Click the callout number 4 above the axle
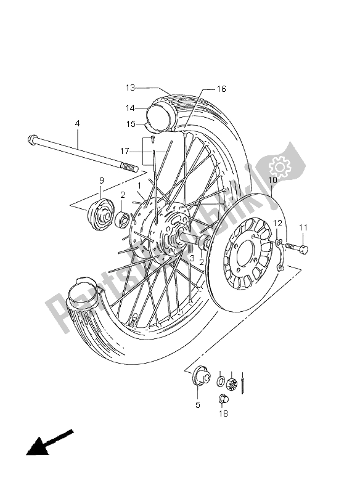(x=77, y=124)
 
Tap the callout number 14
(x=130, y=108)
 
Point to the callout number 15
(x=130, y=124)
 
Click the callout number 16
(x=221, y=89)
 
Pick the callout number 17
(x=125, y=150)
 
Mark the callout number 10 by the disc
(x=271, y=179)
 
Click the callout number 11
(x=303, y=227)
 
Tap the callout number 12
(x=277, y=222)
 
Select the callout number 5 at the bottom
(x=198, y=405)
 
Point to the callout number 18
(x=223, y=414)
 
